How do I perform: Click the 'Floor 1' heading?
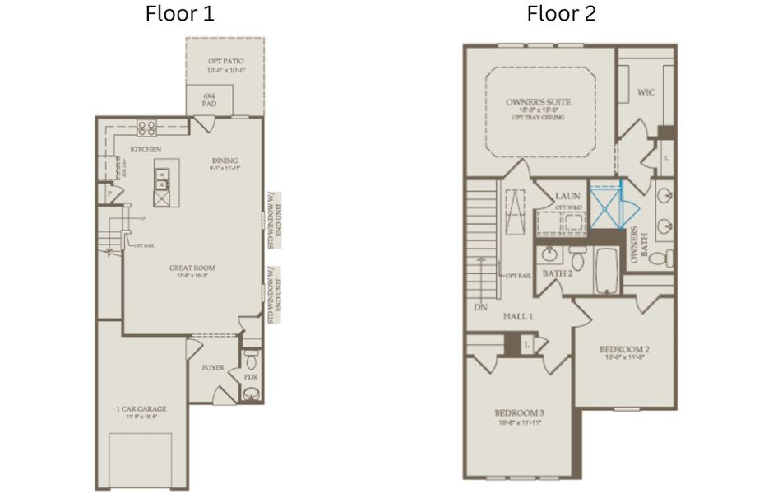[x=180, y=14]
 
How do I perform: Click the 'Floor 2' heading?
[x=562, y=14]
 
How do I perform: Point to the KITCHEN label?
[x=145, y=149]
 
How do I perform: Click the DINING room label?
[x=225, y=161]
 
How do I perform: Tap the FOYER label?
[x=214, y=367]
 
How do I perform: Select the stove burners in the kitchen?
[x=146, y=128]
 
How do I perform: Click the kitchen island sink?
[x=163, y=175]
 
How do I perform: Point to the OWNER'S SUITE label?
[x=539, y=103]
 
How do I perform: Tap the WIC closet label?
[x=646, y=92]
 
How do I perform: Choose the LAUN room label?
[x=567, y=196]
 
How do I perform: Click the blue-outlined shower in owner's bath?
[x=605, y=206]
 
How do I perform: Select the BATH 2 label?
[x=557, y=273]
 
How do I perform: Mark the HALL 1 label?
[x=519, y=316]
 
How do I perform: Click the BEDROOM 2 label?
[x=625, y=350]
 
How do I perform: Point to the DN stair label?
[x=481, y=306]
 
